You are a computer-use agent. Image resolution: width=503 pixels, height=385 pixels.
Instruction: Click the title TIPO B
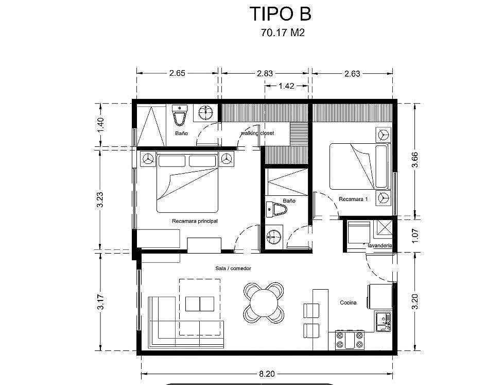281,14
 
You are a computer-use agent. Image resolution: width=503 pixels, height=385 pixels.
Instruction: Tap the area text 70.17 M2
283,33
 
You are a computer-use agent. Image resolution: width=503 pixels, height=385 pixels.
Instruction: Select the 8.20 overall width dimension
267,374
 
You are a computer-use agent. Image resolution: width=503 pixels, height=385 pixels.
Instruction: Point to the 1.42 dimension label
286,86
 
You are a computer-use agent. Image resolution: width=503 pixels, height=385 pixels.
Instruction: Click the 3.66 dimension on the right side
415,160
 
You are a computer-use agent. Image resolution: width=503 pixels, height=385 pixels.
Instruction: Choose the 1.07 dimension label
415,236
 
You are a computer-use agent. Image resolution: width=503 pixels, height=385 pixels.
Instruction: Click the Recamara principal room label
195,221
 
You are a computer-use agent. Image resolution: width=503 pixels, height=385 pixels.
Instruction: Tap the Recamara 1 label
353,199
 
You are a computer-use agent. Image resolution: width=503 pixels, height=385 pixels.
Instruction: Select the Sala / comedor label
233,268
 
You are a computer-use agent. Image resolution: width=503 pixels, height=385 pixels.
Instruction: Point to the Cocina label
348,303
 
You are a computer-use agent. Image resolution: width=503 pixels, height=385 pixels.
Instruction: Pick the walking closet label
257,133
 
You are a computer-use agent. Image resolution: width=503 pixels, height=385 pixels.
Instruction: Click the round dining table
264,303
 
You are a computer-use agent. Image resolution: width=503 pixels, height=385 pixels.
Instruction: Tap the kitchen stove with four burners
350,340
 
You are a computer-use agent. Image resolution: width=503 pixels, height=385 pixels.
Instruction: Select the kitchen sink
384,322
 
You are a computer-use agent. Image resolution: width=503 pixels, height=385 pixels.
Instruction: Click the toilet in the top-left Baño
180,114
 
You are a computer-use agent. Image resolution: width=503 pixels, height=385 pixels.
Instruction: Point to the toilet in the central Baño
276,210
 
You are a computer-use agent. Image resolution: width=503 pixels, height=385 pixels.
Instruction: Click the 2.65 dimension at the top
178,73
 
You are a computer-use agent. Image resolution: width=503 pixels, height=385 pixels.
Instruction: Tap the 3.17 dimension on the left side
100,302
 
